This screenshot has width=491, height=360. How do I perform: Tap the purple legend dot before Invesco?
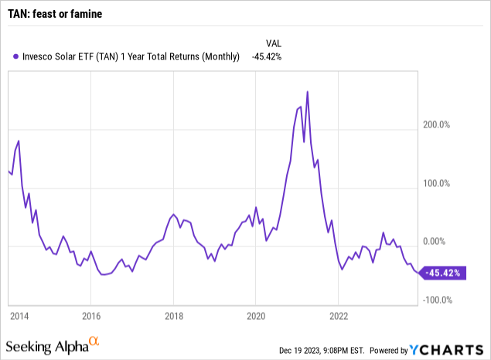(15, 56)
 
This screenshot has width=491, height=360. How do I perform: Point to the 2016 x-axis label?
(90, 315)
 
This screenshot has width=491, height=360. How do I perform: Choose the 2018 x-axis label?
(174, 315)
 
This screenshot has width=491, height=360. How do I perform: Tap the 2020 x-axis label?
(257, 315)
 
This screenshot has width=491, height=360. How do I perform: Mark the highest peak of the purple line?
(308, 92)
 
